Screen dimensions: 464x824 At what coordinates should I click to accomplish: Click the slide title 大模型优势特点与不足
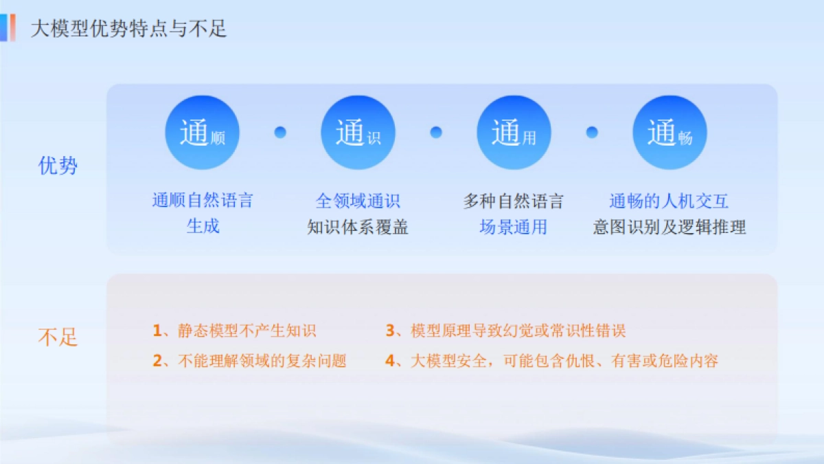click(x=128, y=29)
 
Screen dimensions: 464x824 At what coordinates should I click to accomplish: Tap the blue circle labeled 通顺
click(x=202, y=133)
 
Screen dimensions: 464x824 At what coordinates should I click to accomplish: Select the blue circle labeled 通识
click(x=358, y=133)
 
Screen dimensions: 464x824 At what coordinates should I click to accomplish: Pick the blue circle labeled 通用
click(x=514, y=133)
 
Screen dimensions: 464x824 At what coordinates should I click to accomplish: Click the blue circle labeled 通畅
click(x=669, y=133)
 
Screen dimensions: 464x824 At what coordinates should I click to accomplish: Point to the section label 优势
click(x=58, y=166)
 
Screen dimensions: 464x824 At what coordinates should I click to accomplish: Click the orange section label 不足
click(x=58, y=337)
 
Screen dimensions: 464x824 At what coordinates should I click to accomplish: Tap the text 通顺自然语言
click(x=203, y=201)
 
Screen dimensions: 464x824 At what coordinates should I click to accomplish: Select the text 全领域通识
click(x=358, y=201)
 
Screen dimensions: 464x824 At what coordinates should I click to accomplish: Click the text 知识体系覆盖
click(x=358, y=227)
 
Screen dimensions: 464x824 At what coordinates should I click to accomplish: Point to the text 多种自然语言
click(x=514, y=201)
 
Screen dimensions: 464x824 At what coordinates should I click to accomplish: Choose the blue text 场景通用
click(x=514, y=227)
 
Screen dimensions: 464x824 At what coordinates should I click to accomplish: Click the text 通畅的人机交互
click(x=669, y=201)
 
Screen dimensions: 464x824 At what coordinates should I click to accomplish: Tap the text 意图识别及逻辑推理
click(x=669, y=227)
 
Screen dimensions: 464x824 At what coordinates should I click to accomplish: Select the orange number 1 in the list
click(x=157, y=331)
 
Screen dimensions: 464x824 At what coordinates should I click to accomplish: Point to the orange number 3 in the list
click(x=389, y=331)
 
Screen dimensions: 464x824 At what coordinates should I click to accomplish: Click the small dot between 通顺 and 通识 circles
click(x=280, y=133)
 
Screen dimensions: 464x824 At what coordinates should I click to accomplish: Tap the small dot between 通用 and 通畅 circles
click(x=592, y=133)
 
